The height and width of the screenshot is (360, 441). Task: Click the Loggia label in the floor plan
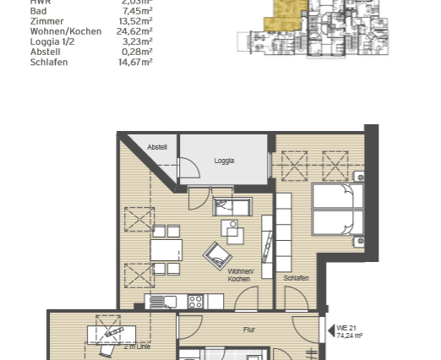coord(224,161)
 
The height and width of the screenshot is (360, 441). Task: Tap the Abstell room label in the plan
coord(157,148)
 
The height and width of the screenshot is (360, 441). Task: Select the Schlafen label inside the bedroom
coord(296,278)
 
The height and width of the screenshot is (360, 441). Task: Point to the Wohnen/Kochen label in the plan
coord(240,275)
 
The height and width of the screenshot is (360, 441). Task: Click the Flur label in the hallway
coord(249,330)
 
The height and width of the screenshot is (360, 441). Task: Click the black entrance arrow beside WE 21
coord(330,330)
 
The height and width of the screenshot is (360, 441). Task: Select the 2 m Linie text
coord(137,346)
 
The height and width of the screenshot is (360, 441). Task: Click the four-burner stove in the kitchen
coord(196,301)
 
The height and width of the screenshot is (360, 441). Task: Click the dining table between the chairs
coord(166,250)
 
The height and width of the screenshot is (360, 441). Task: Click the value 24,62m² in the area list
coord(134,31)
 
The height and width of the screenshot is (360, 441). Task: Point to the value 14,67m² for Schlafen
coord(134,62)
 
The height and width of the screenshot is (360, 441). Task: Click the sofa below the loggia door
coord(231,207)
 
